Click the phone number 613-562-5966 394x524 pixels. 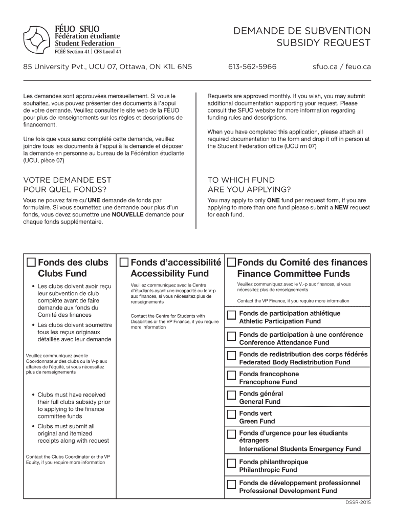(252, 67)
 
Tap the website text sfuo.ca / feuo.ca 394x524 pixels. (342, 67)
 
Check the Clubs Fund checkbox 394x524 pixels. (31, 263)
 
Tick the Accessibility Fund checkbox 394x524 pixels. (124, 263)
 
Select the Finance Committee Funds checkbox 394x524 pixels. (231, 263)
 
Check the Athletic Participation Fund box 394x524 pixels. (231, 314)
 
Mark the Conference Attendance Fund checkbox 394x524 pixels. (231, 336)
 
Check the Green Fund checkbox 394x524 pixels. (231, 414)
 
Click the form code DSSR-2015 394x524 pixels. (358, 503)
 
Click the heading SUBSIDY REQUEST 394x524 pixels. (323, 43)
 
